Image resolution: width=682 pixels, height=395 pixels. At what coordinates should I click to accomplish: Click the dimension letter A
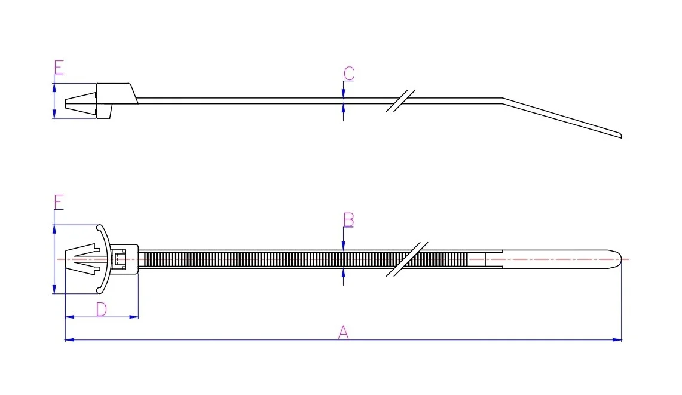tap(343, 332)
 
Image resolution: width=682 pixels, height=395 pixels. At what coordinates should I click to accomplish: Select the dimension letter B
tap(348, 220)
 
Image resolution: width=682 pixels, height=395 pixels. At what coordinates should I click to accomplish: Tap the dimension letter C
tap(348, 74)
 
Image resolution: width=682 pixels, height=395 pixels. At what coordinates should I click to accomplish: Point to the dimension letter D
tap(102, 309)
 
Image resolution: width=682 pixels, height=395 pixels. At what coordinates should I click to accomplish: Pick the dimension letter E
tap(58, 68)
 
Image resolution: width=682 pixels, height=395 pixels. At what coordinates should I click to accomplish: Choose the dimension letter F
tap(58, 203)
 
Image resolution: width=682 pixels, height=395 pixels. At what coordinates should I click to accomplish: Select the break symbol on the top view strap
tap(407, 259)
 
